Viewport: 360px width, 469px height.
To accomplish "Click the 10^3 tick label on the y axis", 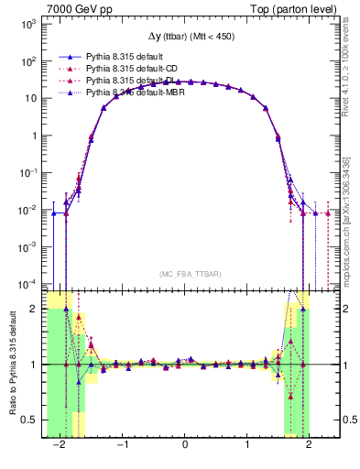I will click(29, 25).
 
